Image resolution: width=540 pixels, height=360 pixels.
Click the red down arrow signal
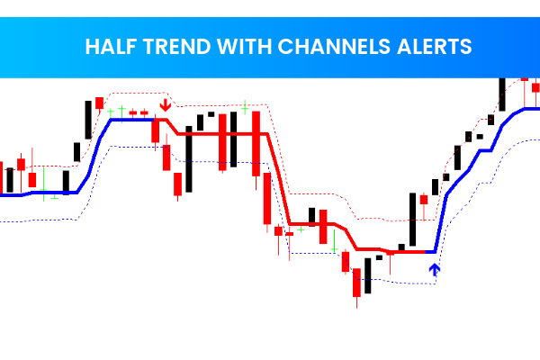click(x=165, y=106)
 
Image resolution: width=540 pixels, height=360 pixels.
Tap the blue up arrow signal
click(x=436, y=268)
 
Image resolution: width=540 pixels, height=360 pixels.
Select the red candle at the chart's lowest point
click(x=357, y=285)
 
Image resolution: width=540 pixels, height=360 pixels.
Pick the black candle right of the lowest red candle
click(x=368, y=274)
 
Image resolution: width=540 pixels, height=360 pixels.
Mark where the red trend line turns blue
click(x=435, y=251)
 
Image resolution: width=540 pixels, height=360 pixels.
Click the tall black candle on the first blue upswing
click(x=88, y=119)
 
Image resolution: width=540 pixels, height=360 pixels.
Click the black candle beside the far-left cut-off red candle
click(x=10, y=179)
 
